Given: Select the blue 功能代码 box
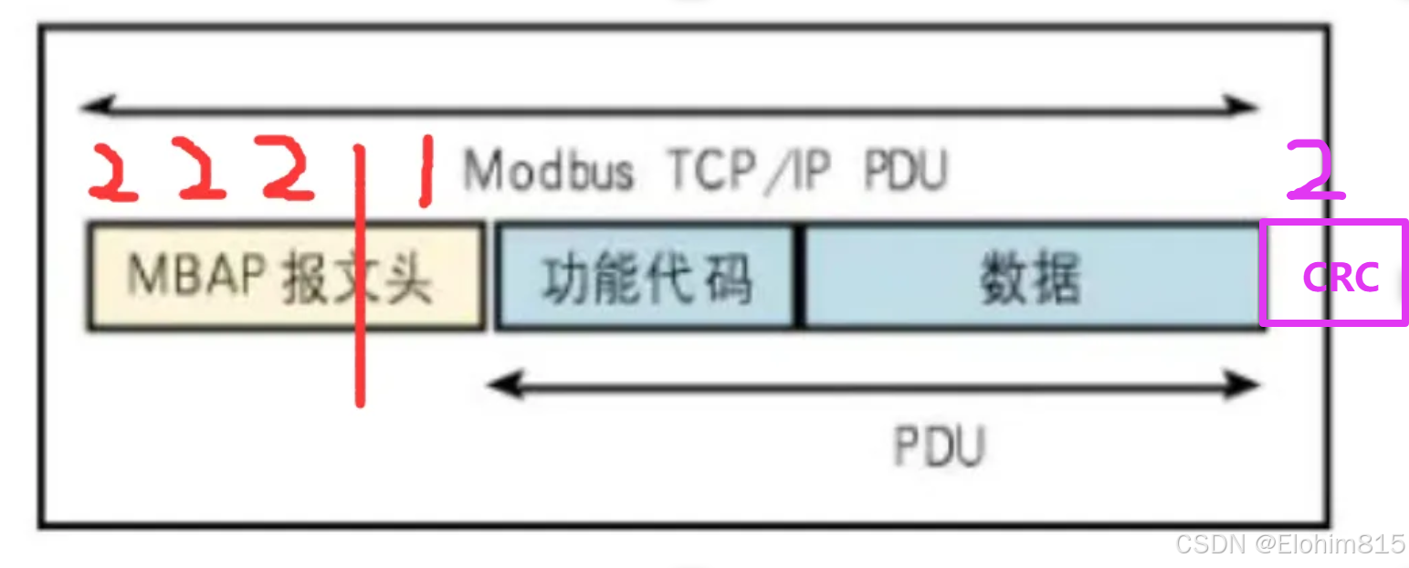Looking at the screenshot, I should click(x=646, y=276).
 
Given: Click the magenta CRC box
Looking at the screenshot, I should click(x=1334, y=273).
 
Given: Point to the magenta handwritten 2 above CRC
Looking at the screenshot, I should click(x=1316, y=171).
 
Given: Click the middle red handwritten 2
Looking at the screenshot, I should click(x=202, y=170).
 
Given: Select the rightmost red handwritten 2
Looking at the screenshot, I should click(x=289, y=168).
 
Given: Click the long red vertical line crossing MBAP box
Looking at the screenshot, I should click(x=360, y=274).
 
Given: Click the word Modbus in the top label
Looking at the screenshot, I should click(x=549, y=170).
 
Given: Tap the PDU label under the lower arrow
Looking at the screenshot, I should click(x=939, y=447).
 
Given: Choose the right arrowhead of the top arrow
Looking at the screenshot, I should click(x=1246, y=107).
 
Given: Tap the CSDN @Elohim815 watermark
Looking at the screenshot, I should click(x=1289, y=545).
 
